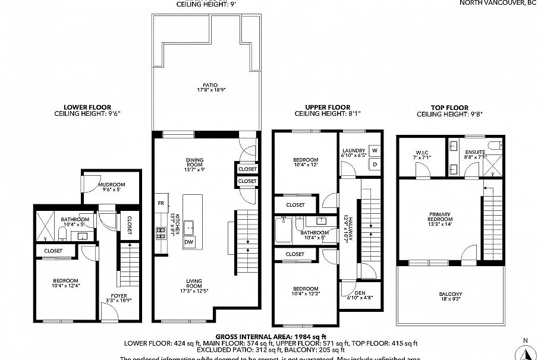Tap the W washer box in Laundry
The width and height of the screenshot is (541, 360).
375,151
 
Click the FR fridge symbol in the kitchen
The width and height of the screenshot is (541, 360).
161,203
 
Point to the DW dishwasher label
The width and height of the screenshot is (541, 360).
188,241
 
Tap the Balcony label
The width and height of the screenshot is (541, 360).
451,296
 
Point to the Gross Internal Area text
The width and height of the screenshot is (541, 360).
270,336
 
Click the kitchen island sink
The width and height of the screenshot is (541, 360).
190,225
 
